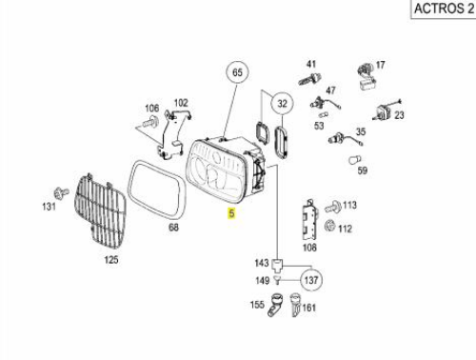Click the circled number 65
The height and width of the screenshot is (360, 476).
click(237, 72)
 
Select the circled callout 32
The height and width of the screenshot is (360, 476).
click(282, 104)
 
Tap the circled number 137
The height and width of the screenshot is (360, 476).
click(311, 280)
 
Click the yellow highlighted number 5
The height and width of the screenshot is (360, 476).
click(231, 213)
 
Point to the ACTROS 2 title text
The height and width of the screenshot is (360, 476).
click(444, 9)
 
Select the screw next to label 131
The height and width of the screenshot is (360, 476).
click(61, 192)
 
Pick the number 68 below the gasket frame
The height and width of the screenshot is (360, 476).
click(173, 228)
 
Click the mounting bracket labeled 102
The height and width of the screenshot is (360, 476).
click(173, 132)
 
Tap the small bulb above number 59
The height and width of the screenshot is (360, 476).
click(355, 160)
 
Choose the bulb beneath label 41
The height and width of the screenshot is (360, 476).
click(309, 79)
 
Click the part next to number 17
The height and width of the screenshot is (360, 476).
click(366, 76)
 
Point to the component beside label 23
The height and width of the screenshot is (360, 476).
click(385, 110)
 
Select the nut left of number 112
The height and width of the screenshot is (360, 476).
click(329, 227)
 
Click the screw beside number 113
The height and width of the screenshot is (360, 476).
click(333, 207)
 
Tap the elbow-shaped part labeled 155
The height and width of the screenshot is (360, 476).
click(274, 305)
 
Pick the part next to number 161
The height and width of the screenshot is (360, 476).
click(295, 305)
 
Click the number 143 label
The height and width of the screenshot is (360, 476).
click(262, 263)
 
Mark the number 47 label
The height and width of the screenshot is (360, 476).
click(330, 90)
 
